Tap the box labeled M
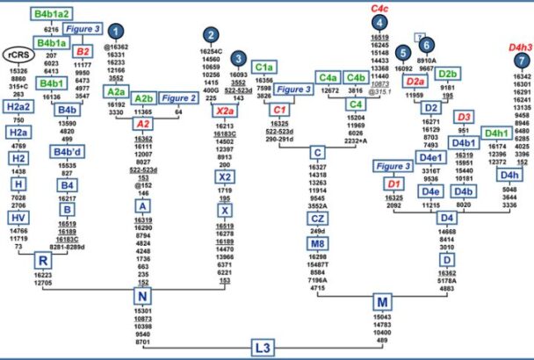(x=382, y=303)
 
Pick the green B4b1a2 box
(x=53, y=15)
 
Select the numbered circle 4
(x=379, y=23)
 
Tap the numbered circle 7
(x=522, y=60)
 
